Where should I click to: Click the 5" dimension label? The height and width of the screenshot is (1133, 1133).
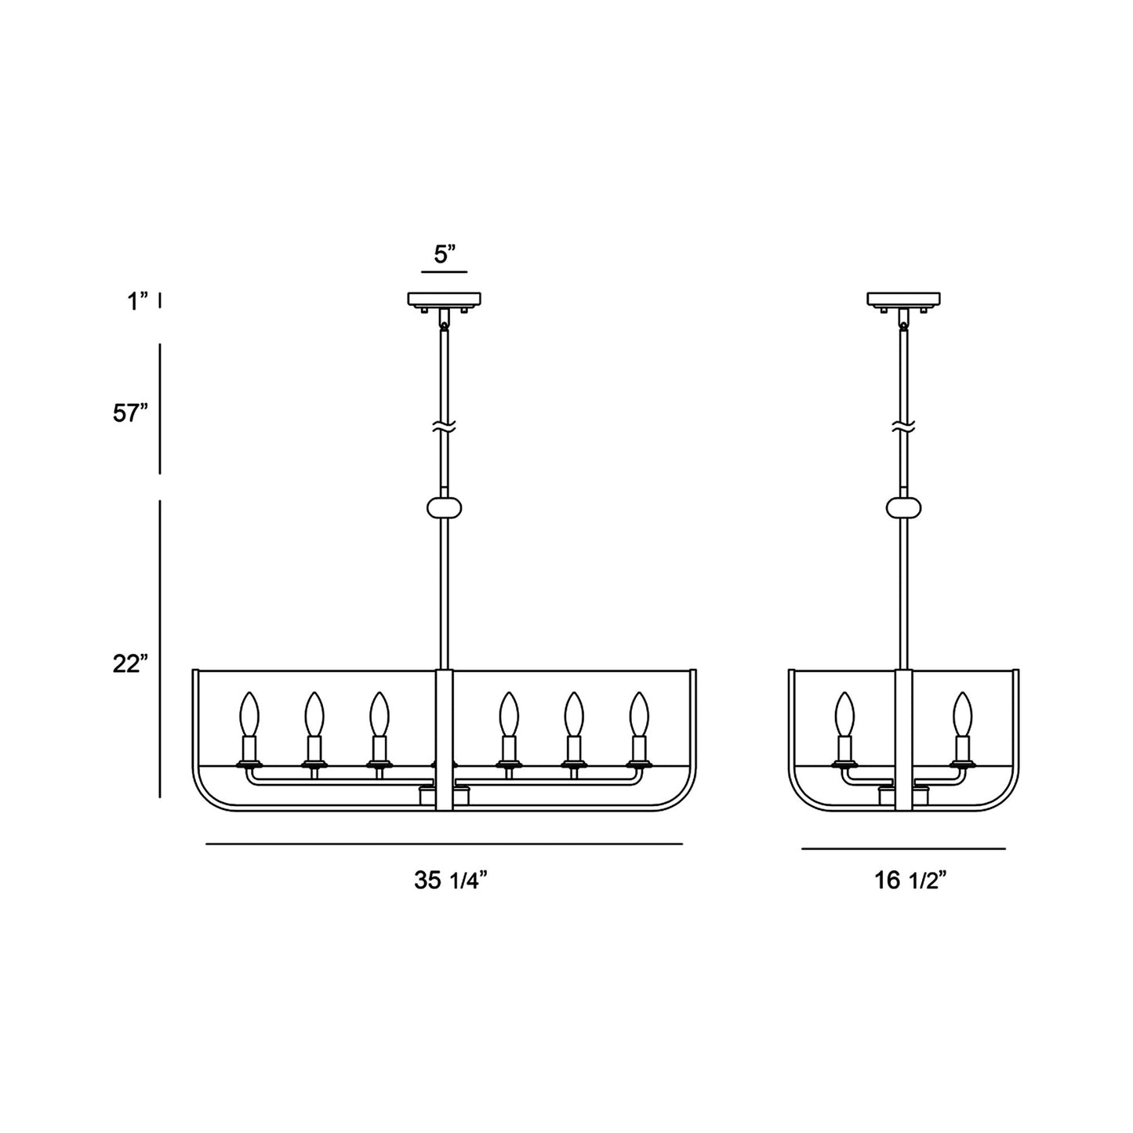pos(445,254)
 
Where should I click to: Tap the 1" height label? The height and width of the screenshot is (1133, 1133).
pos(138,302)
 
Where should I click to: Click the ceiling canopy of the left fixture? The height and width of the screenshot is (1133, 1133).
pos(444,299)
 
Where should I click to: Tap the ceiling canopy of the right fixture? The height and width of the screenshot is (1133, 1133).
pos(904,299)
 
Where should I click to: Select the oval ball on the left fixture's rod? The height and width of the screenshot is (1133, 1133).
pos(444,507)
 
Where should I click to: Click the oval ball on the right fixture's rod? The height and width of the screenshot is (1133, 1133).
pos(904,507)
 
